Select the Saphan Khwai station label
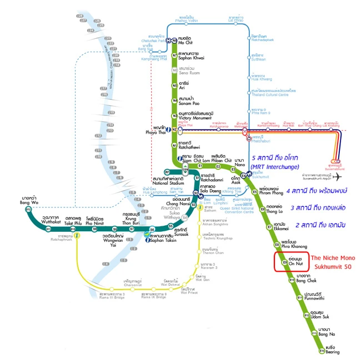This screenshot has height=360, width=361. (x=192, y=57)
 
